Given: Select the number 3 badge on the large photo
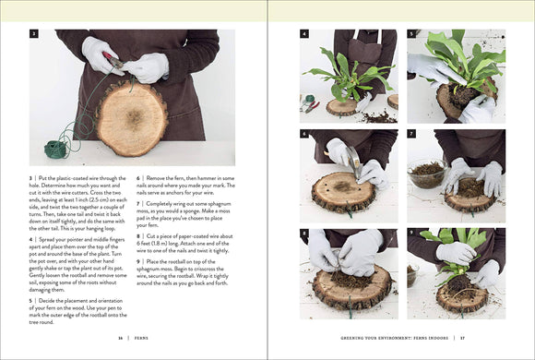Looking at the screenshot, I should pyautogui.click(x=34, y=34).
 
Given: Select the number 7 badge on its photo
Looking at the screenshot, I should pyautogui.click(x=411, y=134).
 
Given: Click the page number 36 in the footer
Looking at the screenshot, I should pyautogui.click(x=120, y=338).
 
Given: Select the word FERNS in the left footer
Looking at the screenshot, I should pyautogui.click(x=141, y=338).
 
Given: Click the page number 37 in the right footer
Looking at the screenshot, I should pyautogui.click(x=501, y=338).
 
